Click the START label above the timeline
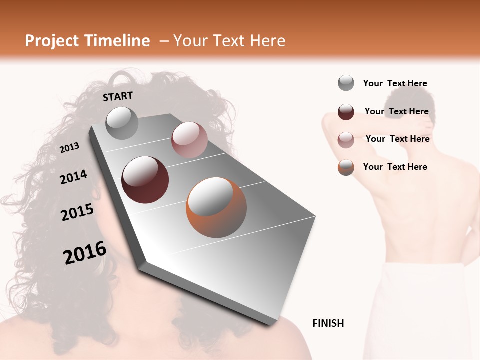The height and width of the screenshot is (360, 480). pos(118,96)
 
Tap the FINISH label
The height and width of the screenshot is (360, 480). pos(328,323)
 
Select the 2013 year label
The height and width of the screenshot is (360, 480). pos(70,147)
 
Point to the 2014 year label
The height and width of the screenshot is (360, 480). pos(74,177)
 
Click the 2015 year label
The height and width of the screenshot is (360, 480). pos(77,212)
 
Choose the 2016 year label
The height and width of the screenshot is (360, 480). pos(85,253)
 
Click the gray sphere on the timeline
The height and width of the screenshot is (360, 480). pos(122,123)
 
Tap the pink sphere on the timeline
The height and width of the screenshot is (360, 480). pos(189,140)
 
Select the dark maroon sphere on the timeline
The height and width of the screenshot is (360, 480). pos(145,180)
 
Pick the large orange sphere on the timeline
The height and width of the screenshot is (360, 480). pos(216,207)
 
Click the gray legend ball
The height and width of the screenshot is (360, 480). pos(346,83)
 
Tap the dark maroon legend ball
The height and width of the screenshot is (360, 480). pos(346,112)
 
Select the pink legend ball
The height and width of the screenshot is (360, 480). pos(346,140)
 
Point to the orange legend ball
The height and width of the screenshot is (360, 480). pos(346,167)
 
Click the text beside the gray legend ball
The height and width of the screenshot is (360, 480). pos(395,83)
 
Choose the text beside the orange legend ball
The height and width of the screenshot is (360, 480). pos(395,167)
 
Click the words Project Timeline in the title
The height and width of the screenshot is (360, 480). pos(87,41)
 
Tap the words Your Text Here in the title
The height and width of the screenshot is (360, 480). pos(229,41)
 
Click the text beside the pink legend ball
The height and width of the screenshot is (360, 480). pos(397,139)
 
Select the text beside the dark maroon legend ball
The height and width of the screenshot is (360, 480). pos(396,111)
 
